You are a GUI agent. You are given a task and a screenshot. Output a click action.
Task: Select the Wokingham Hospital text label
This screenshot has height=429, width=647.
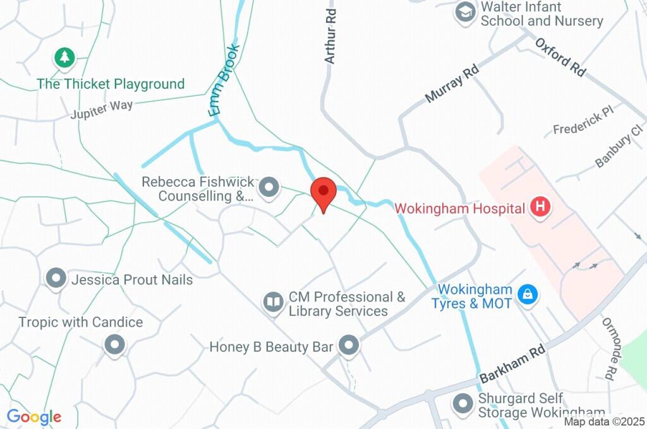tap(461, 208)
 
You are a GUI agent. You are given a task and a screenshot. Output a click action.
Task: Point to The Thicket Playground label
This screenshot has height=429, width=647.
tap(111, 84)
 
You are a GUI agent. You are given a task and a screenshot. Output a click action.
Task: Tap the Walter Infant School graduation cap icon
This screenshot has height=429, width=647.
tap(466, 12)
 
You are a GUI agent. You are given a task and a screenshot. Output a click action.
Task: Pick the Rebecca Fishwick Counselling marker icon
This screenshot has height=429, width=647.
tap(270, 187)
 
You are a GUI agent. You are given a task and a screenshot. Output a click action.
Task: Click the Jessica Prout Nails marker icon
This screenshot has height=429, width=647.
tap(57, 278)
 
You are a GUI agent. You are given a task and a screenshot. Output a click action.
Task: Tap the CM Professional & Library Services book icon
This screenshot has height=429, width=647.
tap(273, 302)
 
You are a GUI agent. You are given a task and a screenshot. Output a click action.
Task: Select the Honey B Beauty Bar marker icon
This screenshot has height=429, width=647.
tap(348, 345)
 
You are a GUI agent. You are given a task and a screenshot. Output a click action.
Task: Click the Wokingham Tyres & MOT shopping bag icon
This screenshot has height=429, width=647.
tap(526, 294)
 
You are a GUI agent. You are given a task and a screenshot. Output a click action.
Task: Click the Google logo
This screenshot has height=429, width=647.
tap(34, 416)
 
